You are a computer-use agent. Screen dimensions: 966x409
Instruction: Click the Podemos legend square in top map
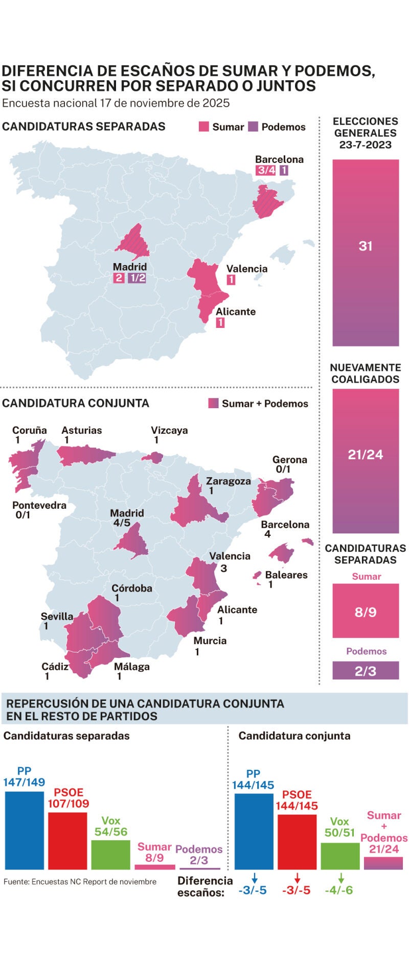(253, 127)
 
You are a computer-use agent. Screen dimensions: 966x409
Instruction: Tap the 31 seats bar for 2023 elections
(365, 252)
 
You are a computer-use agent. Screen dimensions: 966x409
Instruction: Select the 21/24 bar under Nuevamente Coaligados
(365, 461)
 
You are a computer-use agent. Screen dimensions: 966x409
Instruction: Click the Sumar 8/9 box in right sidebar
(365, 611)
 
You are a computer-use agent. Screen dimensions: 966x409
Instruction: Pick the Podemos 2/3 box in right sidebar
(365, 670)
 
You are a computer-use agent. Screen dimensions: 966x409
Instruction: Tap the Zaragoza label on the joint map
(228, 481)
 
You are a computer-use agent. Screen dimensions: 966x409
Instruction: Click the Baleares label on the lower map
(286, 575)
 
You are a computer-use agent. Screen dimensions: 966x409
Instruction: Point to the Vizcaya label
(169, 430)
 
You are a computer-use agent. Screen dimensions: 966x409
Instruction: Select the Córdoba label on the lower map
(132, 588)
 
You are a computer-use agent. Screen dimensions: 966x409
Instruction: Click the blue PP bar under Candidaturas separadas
(24, 830)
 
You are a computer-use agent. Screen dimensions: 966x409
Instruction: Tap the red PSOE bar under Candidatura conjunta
(297, 841)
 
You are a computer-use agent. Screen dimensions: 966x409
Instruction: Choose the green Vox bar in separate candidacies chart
(110, 855)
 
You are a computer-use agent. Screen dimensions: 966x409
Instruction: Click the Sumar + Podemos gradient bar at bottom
(383, 863)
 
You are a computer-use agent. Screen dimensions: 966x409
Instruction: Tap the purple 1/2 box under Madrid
(137, 278)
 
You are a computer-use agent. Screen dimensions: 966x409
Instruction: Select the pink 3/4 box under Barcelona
(266, 171)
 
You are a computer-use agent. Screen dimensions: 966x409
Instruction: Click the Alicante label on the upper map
(235, 312)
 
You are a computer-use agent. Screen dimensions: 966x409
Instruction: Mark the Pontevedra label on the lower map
(39, 505)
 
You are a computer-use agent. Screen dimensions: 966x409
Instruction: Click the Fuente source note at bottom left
(80, 881)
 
